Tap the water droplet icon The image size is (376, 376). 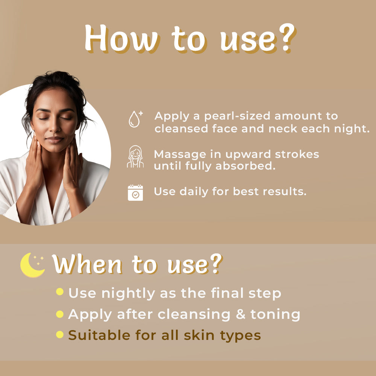pyautogui.click(x=134, y=119)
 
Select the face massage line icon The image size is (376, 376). pyautogui.click(x=135, y=157)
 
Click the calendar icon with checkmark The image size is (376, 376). pyautogui.click(x=135, y=193)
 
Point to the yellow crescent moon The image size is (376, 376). pyautogui.click(x=32, y=265)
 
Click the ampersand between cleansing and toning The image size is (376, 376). pyautogui.click(x=241, y=314)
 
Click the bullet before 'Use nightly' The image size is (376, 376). pyautogui.click(x=59, y=292)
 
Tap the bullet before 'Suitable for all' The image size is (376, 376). pyautogui.click(x=59, y=334)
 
